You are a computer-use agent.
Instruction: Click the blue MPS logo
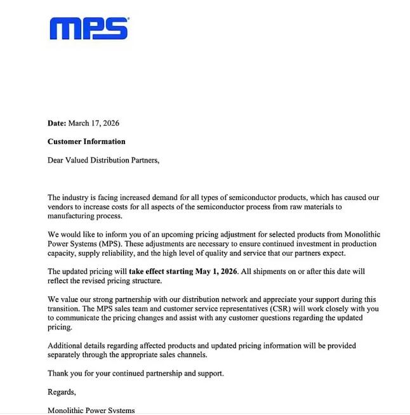(x=89, y=29)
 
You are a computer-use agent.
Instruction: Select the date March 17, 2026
(x=94, y=123)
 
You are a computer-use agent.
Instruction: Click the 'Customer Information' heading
(x=86, y=142)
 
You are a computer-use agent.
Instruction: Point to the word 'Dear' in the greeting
(x=56, y=160)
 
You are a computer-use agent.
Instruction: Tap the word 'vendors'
(x=62, y=207)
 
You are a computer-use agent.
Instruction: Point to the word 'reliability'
(x=112, y=253)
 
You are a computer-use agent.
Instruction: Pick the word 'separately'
(x=67, y=355)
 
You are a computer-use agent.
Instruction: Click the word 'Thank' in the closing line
(x=58, y=373)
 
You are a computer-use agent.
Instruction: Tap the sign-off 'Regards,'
(x=62, y=392)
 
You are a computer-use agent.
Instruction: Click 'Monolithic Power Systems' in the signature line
(x=91, y=410)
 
